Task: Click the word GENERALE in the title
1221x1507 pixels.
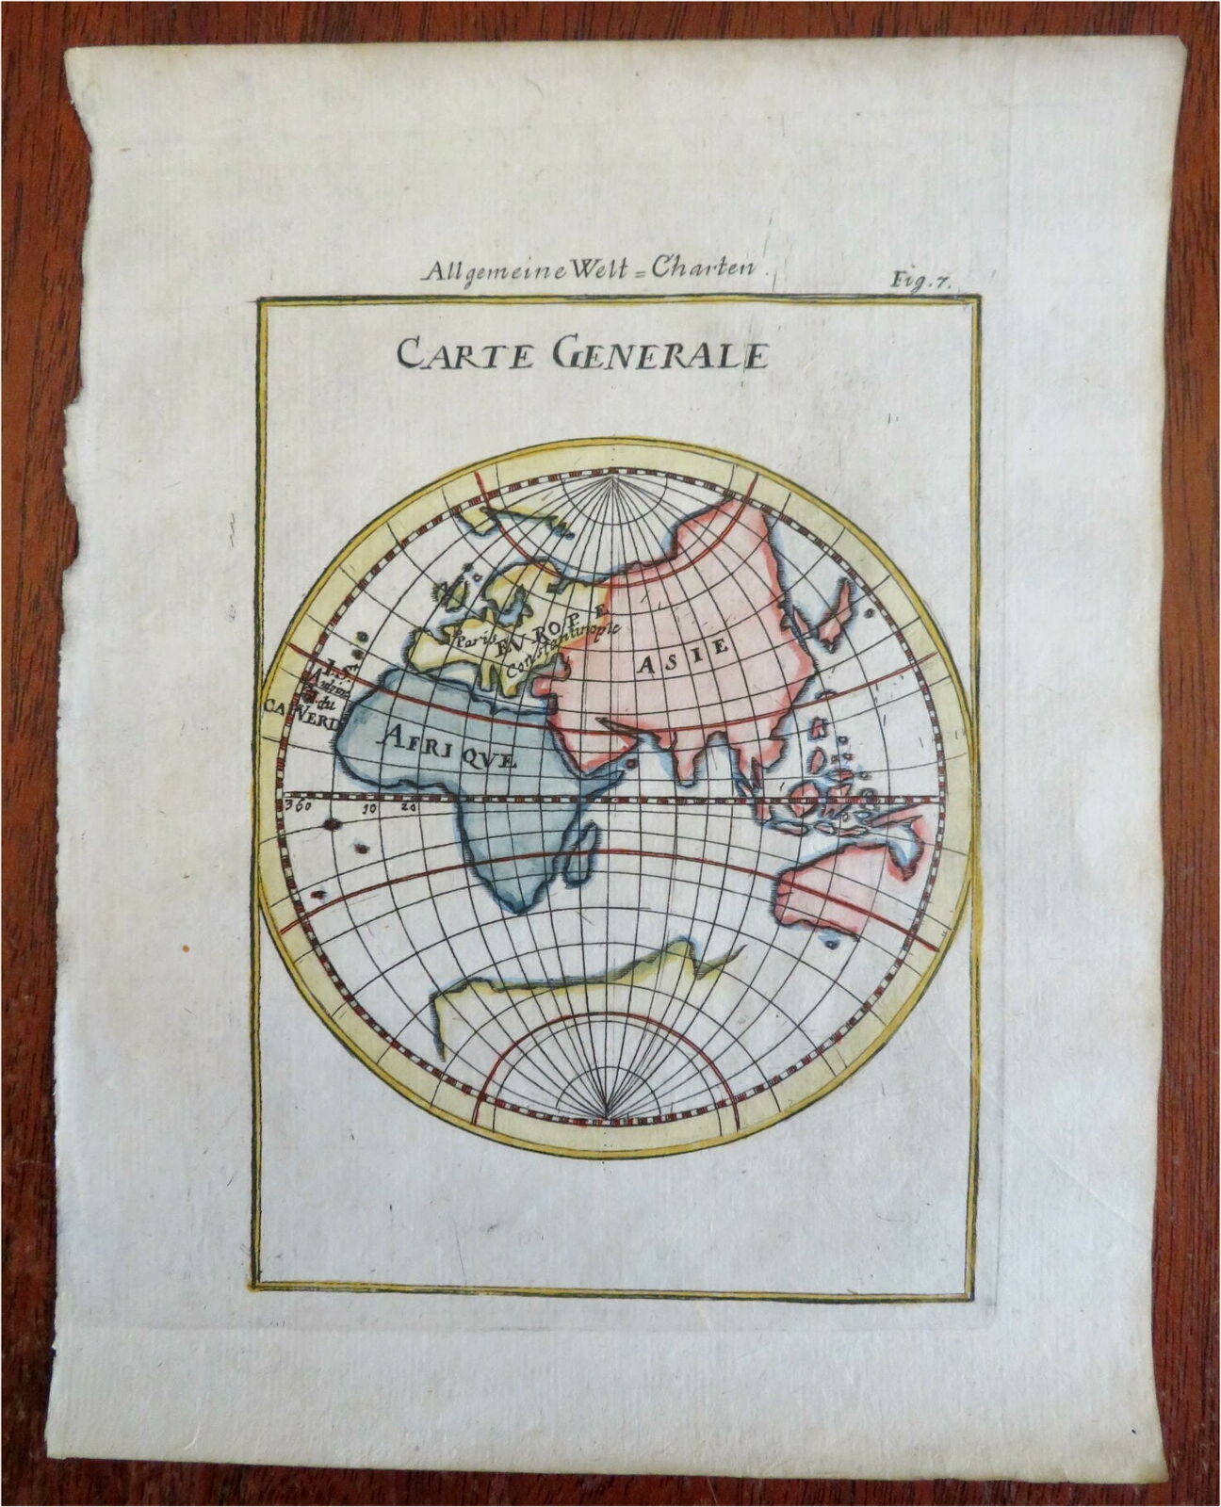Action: (x=662, y=354)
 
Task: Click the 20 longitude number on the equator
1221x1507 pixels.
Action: (x=406, y=807)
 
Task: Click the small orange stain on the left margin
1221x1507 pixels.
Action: (x=185, y=946)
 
